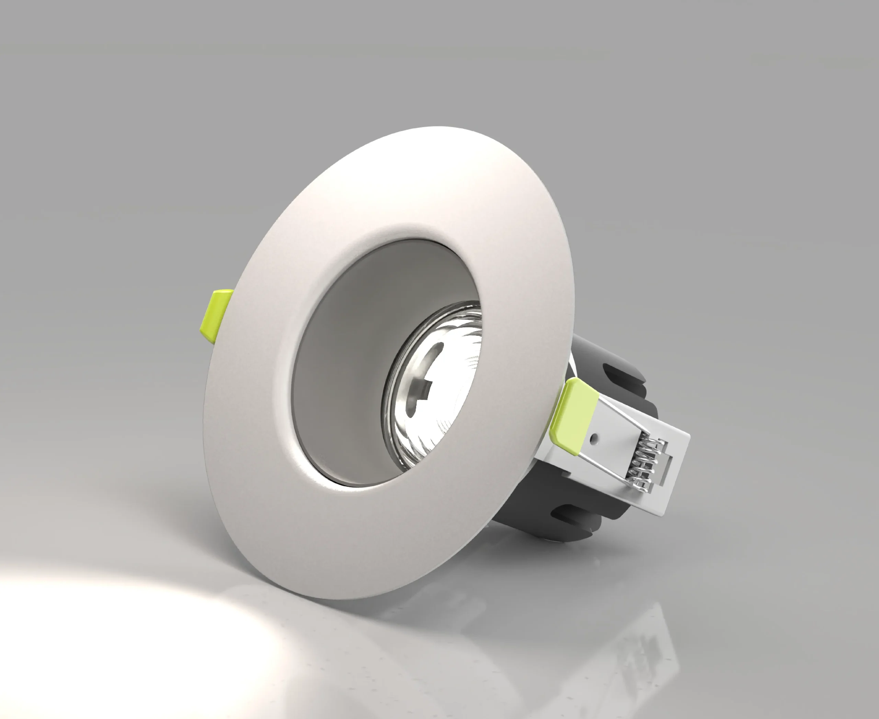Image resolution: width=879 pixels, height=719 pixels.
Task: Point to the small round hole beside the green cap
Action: click(595, 436)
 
